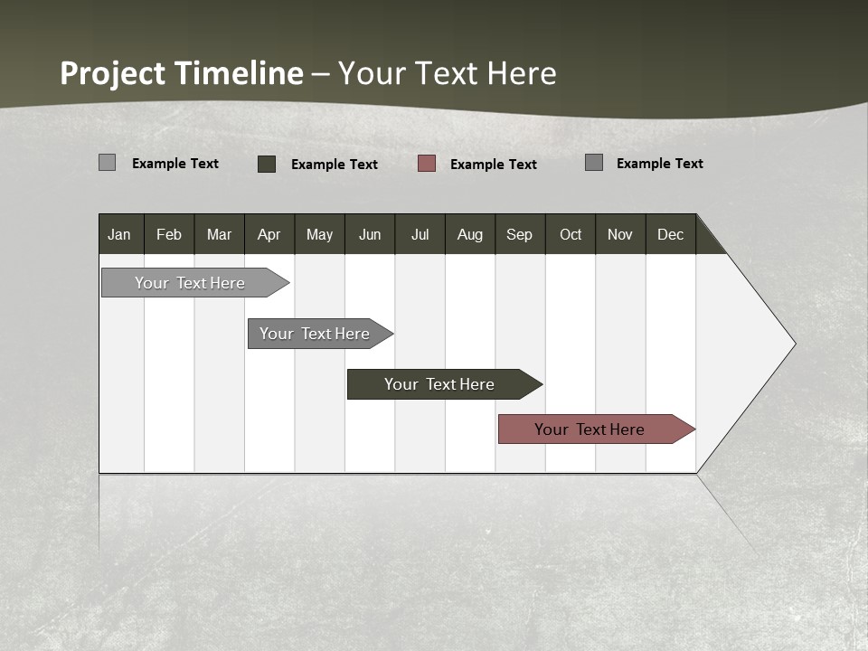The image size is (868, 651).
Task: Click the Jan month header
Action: (120, 234)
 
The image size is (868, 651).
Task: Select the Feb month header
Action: (169, 234)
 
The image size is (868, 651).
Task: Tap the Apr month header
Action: (269, 234)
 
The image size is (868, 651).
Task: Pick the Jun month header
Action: (370, 234)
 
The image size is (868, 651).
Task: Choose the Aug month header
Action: (469, 234)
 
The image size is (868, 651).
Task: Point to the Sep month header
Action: (519, 234)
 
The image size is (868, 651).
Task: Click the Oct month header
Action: (571, 234)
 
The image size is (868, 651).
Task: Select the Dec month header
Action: (670, 234)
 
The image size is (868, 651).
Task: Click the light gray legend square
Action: (107, 163)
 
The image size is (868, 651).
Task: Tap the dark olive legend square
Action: (267, 164)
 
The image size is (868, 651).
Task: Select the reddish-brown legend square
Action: (427, 164)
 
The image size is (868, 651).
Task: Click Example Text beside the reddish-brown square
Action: (493, 165)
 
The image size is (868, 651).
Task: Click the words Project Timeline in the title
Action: (181, 73)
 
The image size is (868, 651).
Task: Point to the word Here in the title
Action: (522, 73)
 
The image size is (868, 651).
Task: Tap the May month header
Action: (319, 234)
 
